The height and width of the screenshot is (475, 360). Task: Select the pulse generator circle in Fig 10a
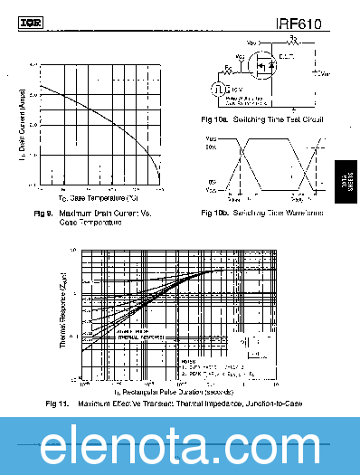tap(218, 88)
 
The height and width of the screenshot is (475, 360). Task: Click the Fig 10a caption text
tap(261, 119)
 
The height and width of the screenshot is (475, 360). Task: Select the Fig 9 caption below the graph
tap(91, 217)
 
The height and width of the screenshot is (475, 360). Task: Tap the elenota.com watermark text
tap(180, 446)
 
